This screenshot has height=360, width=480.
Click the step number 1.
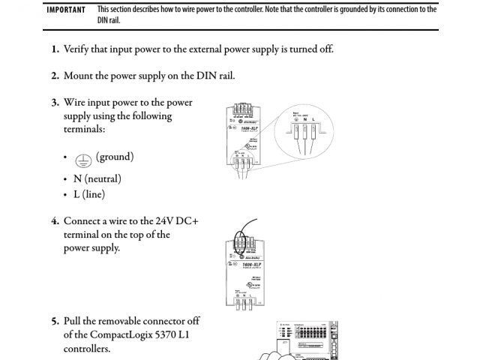[x=55, y=49]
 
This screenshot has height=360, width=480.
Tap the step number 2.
[x=55, y=76]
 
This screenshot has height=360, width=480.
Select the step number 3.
[x=55, y=103]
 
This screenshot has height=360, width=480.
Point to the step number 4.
[x=55, y=221]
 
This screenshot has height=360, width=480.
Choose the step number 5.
[x=55, y=321]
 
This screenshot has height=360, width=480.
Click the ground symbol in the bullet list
[x=84, y=158]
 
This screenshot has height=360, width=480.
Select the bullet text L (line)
[x=89, y=194]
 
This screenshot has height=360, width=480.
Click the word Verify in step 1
[x=77, y=49]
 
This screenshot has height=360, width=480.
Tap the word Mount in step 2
[x=78, y=76]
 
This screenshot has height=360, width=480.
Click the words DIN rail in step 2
[x=215, y=76]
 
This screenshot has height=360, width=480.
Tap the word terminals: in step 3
[x=84, y=130]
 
